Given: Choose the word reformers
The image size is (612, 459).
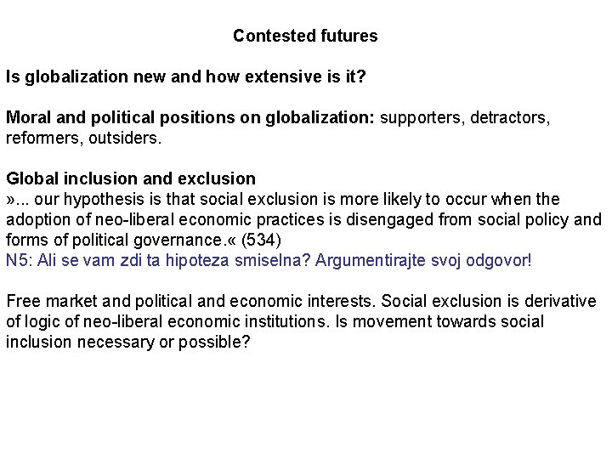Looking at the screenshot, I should click(39, 138).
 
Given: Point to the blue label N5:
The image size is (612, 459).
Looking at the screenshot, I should click(18, 260).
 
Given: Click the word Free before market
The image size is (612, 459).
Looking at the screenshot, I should click(22, 302).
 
